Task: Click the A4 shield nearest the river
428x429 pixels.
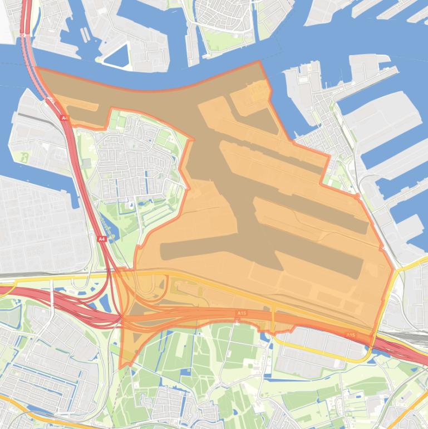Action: pos(64,118)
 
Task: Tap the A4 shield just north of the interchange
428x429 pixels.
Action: pos(101,238)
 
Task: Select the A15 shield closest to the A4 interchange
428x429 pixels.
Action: pos(241,314)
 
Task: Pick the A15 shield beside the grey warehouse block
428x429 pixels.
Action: pos(350,335)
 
